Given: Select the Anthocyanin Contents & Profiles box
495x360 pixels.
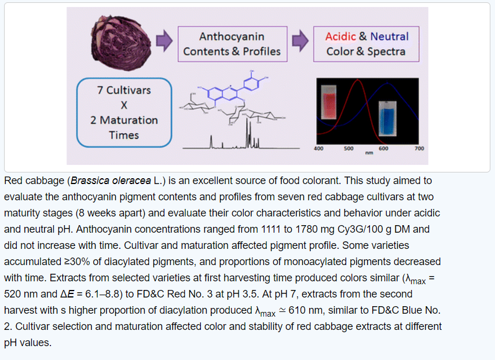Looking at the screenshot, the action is point(232,44).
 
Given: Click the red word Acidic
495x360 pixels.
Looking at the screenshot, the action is point(340,36).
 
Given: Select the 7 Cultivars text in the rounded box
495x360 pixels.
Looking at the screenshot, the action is point(124,90).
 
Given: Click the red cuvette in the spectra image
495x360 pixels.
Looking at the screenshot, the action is point(328,103).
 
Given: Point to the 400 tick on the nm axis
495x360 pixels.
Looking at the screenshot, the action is point(318,149).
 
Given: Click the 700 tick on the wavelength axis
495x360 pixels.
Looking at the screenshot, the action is point(419,149).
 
